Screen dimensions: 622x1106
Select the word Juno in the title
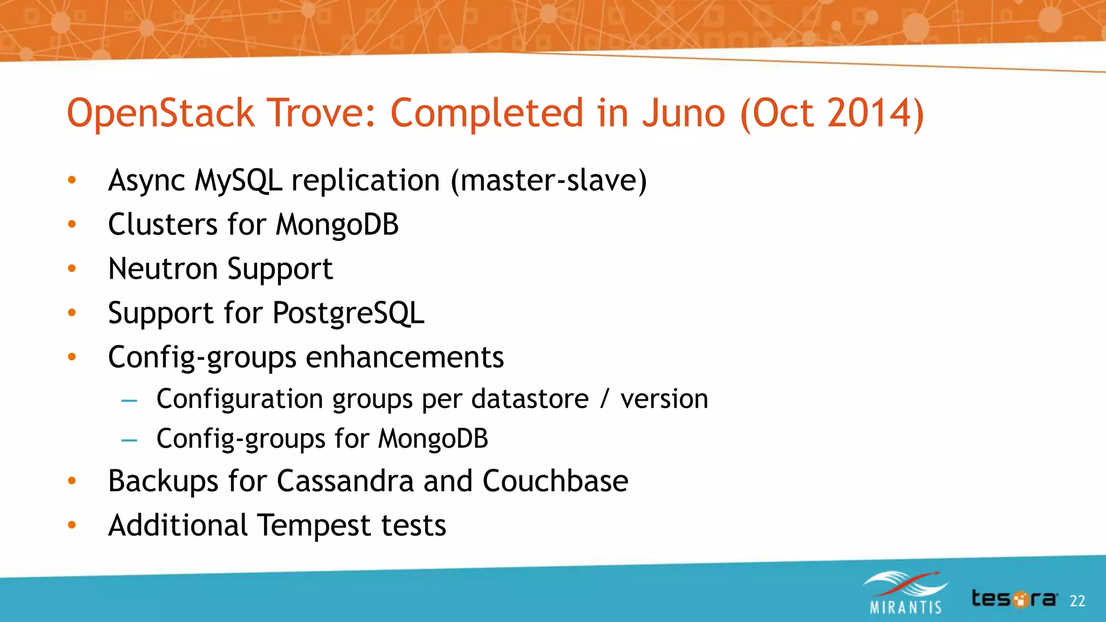(683, 113)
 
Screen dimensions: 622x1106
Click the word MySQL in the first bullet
(238, 181)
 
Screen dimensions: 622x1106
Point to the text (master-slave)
(549, 181)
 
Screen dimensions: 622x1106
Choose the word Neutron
(162, 268)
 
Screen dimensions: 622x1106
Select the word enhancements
(404, 357)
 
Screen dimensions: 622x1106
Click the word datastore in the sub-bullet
(530, 400)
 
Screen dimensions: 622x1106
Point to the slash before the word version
(604, 400)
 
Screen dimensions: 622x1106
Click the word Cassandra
(345, 481)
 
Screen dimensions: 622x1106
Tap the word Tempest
(314, 525)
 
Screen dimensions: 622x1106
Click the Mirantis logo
(906, 593)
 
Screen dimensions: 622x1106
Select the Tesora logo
(1014, 599)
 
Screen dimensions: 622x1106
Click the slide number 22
(1077, 601)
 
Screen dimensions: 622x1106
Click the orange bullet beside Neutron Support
(72, 268)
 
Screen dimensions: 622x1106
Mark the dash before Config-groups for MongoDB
(129, 440)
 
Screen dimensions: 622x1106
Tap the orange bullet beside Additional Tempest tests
(72, 525)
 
